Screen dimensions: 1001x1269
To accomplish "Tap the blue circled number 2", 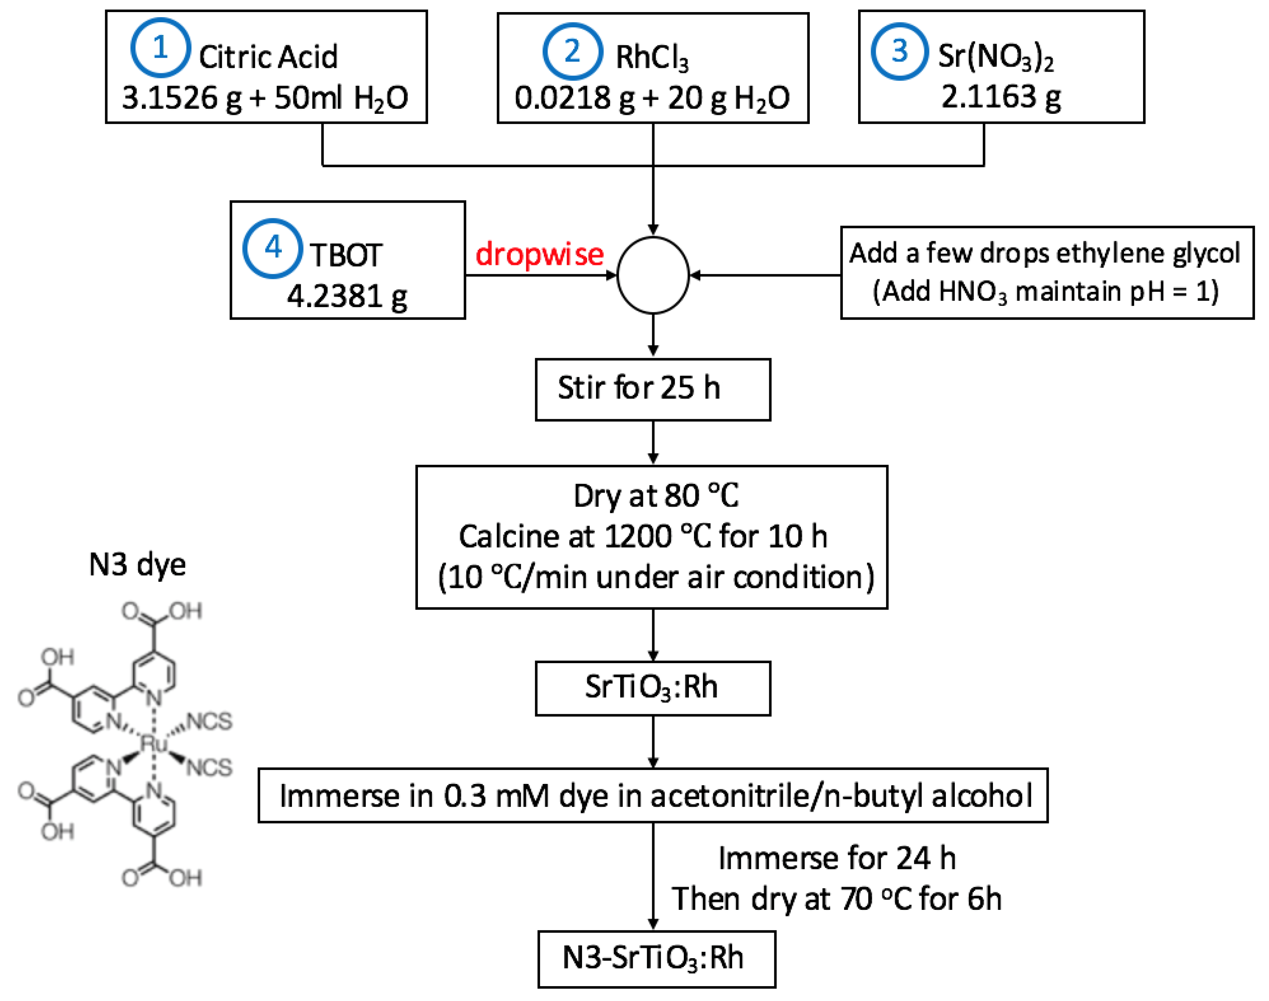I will (572, 51).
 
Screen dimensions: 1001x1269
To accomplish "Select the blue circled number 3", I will (899, 51).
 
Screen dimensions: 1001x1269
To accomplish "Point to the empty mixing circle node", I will (653, 275).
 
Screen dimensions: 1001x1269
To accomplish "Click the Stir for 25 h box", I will (653, 389).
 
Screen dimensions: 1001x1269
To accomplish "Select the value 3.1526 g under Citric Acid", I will (181, 98).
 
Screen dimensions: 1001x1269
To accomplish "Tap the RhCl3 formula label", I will (651, 57).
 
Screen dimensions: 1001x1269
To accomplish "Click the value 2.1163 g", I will (1000, 97).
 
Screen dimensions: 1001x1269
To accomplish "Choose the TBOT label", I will (346, 256).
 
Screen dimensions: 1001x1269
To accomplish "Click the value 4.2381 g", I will (347, 296).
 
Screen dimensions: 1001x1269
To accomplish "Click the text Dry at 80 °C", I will (656, 496).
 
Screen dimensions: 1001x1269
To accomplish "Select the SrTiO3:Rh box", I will (653, 688).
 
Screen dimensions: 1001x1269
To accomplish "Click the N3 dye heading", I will (137, 564).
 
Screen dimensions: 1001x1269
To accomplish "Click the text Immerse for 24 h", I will (837, 859).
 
